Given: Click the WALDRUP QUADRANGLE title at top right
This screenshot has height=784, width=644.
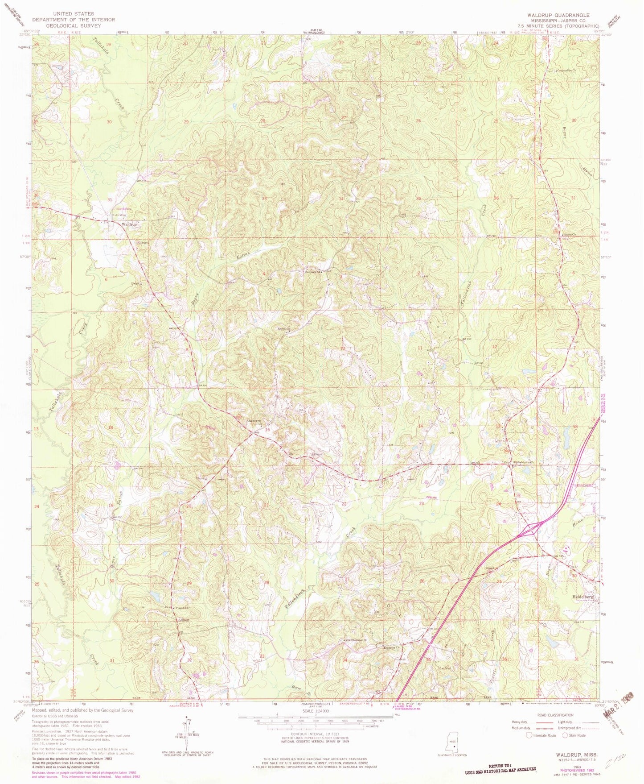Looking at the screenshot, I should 558,15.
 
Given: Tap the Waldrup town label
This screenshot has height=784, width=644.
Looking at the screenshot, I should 128,224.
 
